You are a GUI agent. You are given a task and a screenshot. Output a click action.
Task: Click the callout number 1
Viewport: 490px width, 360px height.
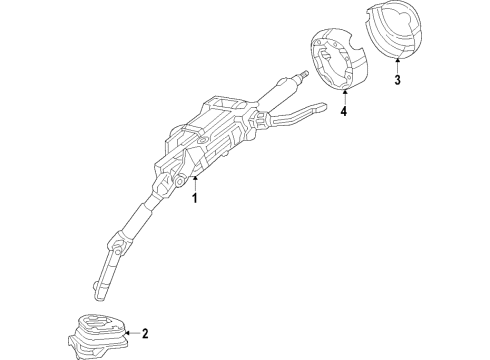(x=197, y=198)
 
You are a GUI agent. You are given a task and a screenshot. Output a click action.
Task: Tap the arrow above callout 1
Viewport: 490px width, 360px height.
(x=196, y=181)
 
